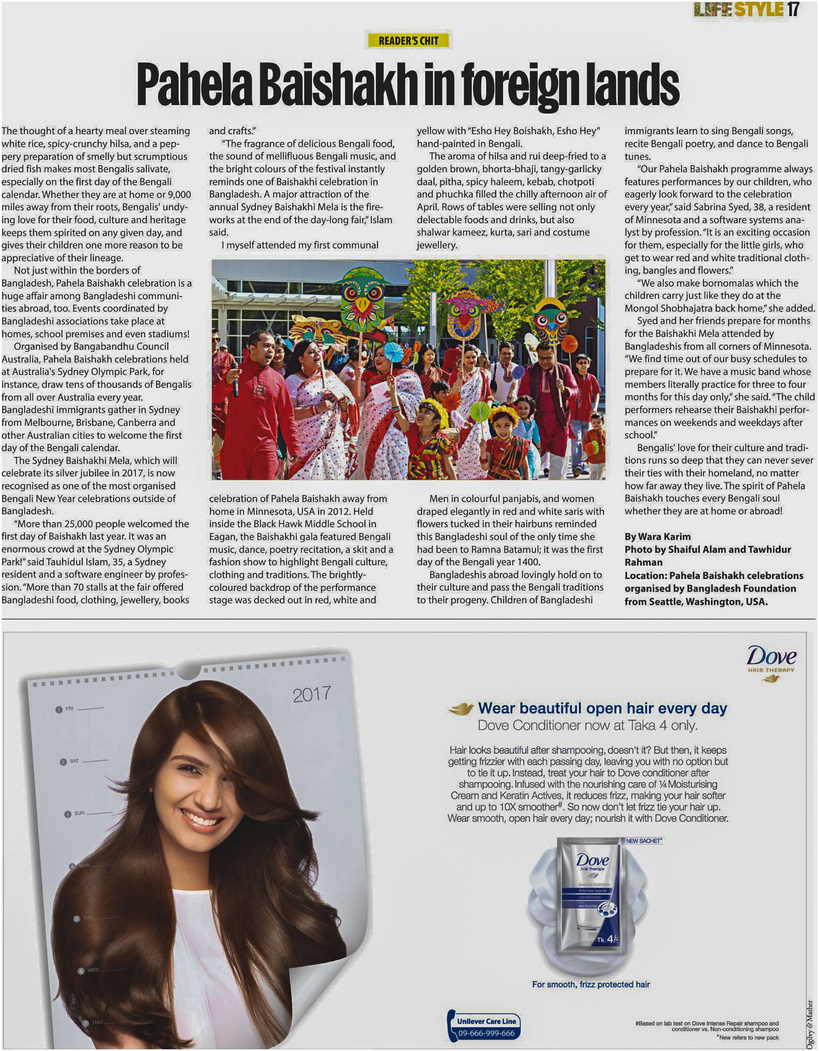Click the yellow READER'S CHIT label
point(408,41)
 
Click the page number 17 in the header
point(794,10)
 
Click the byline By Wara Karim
point(657,537)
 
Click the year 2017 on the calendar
point(312,694)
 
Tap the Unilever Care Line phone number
point(486,1033)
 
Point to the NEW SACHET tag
point(644,841)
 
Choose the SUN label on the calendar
point(79,813)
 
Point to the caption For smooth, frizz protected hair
point(591,985)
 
